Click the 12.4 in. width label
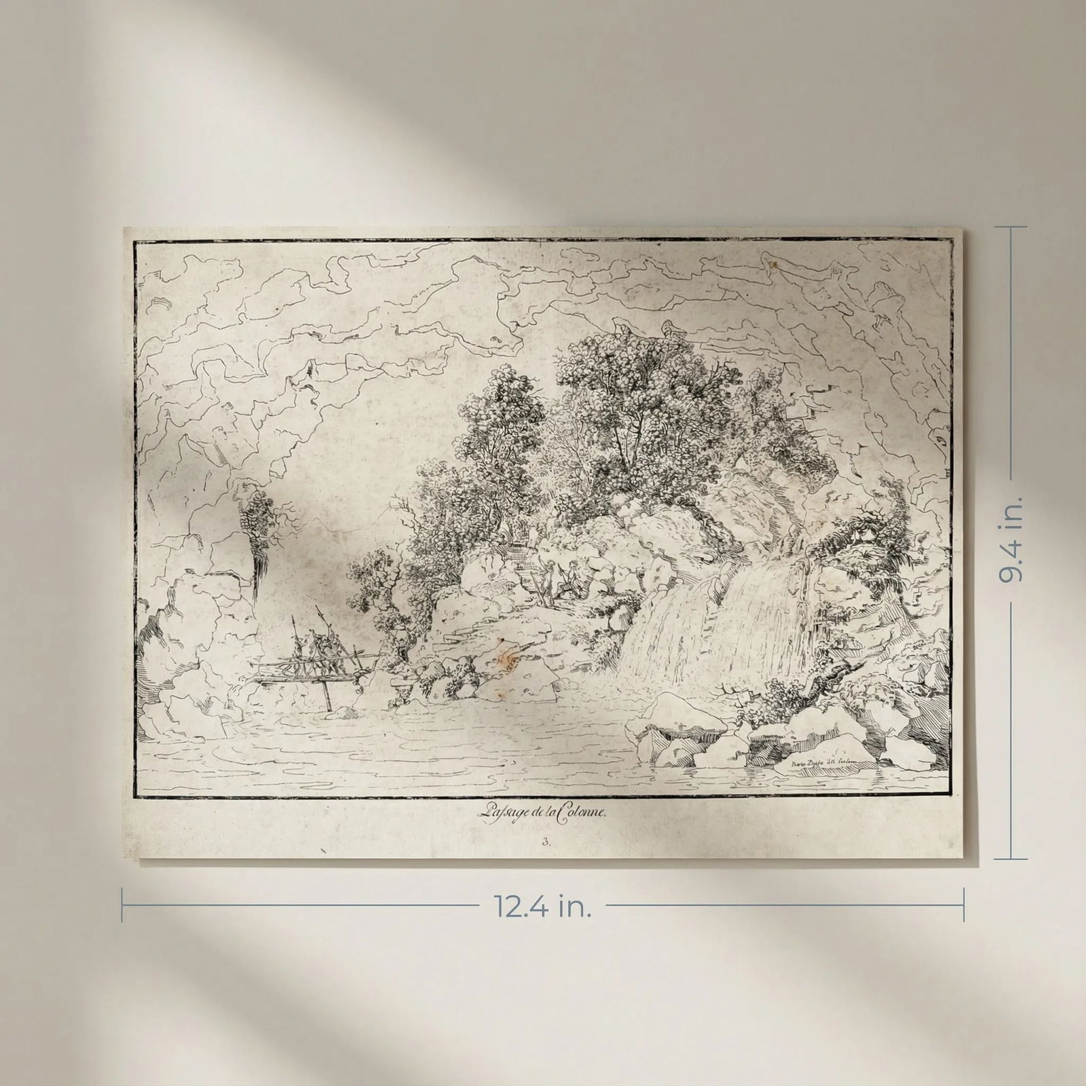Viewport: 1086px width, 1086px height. coord(543,907)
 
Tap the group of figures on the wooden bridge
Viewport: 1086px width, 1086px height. coord(314,652)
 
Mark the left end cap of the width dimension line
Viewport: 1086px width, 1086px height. coord(123,906)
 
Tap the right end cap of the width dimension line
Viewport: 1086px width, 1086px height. coord(963,906)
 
